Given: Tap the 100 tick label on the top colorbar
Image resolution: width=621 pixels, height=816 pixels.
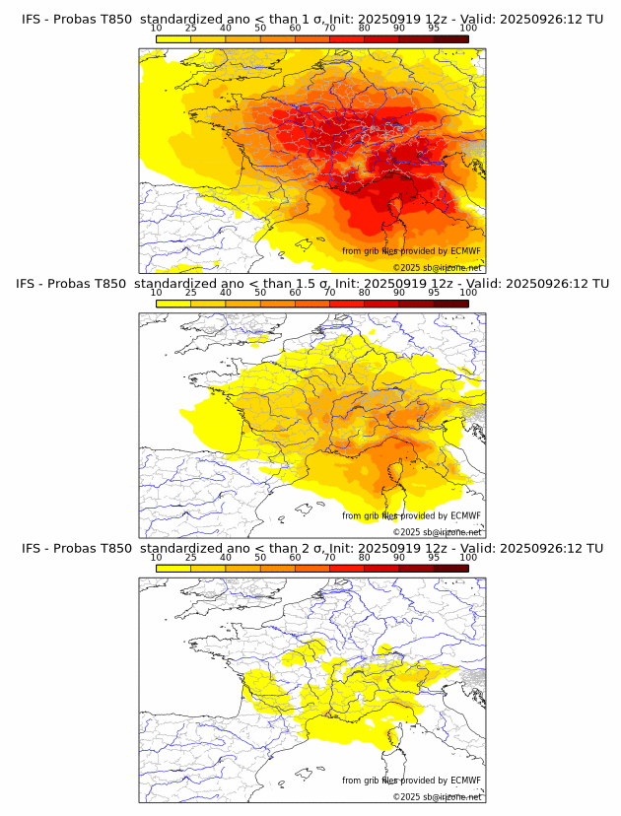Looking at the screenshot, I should point(468,29).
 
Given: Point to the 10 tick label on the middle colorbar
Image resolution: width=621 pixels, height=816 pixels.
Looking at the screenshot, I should point(156,293).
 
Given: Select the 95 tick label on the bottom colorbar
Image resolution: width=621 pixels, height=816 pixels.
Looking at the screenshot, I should point(434,557).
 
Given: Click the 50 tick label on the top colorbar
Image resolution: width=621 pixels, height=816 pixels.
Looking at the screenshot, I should point(260,29).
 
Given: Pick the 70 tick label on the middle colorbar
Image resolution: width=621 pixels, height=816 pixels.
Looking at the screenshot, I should point(329,293).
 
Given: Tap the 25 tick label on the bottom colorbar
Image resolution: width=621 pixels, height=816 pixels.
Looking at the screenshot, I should point(190,557).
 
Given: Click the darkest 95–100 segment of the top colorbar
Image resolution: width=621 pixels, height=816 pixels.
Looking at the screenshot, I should point(450,38).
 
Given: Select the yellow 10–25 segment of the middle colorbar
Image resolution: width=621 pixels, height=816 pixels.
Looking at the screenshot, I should point(172,303).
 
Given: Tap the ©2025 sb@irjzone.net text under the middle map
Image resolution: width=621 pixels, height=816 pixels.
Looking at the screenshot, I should point(437,532).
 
